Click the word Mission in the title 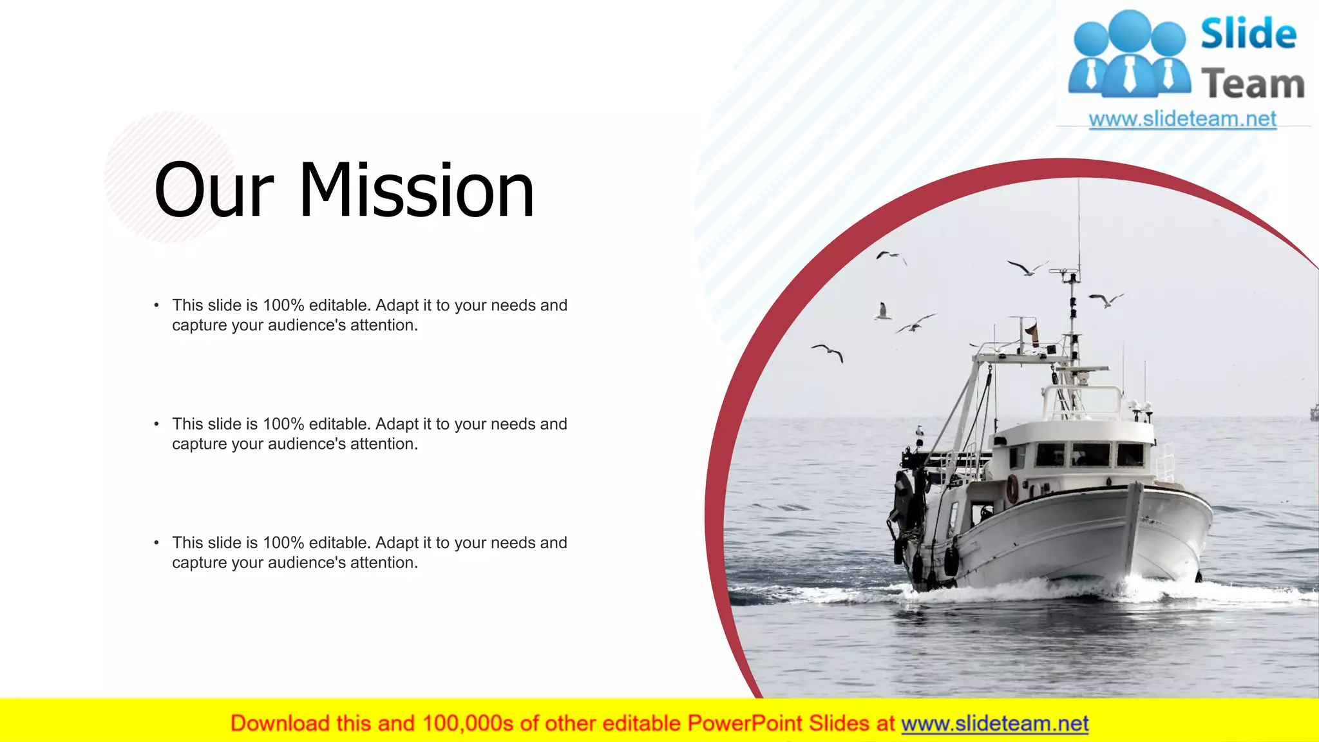417,191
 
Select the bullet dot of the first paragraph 157,305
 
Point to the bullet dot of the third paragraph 157,543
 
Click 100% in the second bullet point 283,424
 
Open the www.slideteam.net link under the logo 1182,119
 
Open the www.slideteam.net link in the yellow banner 994,724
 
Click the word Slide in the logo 1248,34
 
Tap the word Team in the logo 1252,84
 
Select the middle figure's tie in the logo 1130,73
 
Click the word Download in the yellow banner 280,724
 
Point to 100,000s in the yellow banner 468,724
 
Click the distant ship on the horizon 1314,412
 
